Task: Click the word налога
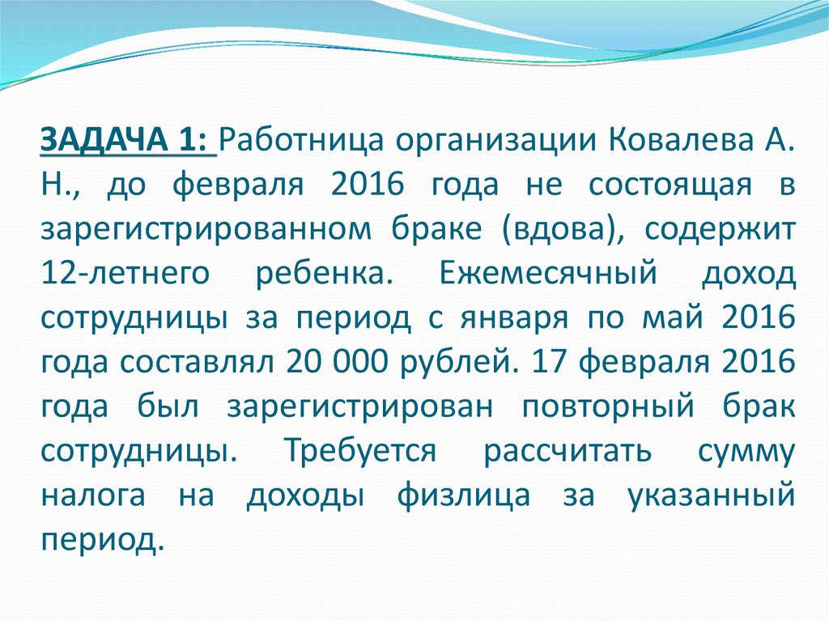pyautogui.click(x=93, y=495)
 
